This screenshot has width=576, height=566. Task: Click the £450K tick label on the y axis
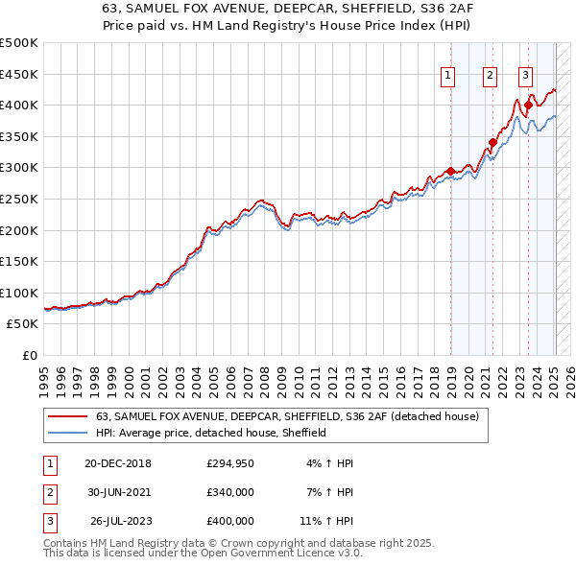pyautogui.click(x=19, y=74)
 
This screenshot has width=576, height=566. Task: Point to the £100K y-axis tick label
pyautogui.click(x=19, y=293)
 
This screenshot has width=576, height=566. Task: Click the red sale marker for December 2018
pyautogui.click(x=451, y=171)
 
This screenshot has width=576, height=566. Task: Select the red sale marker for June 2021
pyautogui.click(x=492, y=143)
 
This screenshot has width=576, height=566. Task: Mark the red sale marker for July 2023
pyautogui.click(x=528, y=106)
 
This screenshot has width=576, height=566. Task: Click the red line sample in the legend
pyautogui.click(x=69, y=417)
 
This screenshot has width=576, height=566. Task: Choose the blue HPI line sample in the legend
pyautogui.click(x=69, y=434)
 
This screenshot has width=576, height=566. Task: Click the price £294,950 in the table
pyautogui.click(x=230, y=463)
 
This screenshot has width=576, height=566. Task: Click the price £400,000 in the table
pyautogui.click(x=230, y=521)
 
